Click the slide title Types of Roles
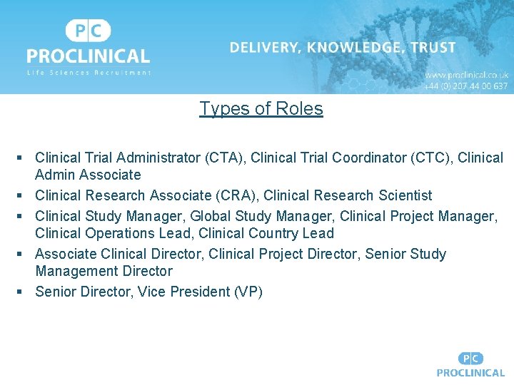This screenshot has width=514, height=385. click(261, 108)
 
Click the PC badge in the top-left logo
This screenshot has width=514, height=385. click(89, 31)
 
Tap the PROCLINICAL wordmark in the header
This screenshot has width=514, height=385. click(89, 56)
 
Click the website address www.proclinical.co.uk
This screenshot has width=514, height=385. click(466, 74)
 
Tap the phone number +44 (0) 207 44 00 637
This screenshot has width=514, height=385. click(466, 86)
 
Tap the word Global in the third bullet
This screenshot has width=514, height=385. click(211, 216)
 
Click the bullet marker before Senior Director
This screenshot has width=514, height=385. click(21, 291)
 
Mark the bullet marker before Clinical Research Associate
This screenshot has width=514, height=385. click(21, 195)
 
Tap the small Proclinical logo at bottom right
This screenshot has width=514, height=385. click(470, 364)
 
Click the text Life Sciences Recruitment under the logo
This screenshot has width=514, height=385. click(89, 73)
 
